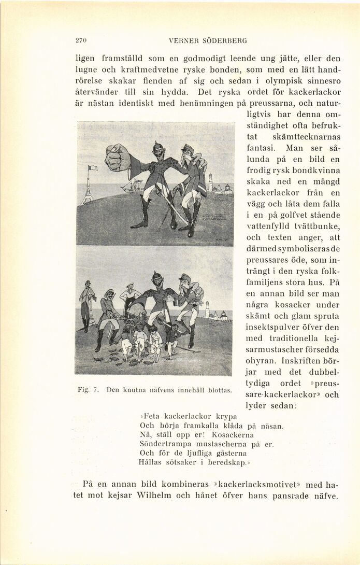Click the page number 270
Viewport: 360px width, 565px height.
click(80, 40)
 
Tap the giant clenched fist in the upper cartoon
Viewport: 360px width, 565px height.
click(118, 158)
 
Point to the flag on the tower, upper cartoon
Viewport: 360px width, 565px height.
click(92, 168)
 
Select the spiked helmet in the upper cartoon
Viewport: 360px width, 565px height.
click(159, 148)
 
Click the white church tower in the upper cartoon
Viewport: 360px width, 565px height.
click(210, 182)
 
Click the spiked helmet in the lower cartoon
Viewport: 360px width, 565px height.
click(157, 277)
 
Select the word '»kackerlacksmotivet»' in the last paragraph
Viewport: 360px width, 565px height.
click(257, 485)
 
